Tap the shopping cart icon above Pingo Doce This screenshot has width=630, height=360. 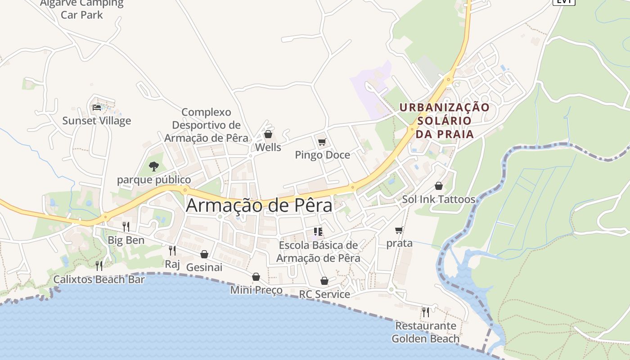322,143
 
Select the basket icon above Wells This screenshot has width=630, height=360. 268,134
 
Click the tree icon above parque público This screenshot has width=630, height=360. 154,166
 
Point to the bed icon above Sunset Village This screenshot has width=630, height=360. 97,108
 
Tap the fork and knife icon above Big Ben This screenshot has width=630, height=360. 126,227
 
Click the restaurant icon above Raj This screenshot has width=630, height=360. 172,251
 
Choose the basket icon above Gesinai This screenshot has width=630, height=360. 204,254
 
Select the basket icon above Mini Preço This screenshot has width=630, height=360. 256,277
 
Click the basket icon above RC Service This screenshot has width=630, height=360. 324,281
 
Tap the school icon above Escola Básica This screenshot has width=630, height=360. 319,232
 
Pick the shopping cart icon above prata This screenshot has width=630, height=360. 399,230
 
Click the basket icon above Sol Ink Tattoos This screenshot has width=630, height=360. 439,186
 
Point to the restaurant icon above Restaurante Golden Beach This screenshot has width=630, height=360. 425,312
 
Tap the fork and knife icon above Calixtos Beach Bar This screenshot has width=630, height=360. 99,266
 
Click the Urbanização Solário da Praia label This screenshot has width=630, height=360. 445,121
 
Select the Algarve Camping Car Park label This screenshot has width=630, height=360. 82,9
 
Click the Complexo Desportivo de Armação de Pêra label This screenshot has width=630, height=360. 206,125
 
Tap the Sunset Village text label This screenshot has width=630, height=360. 97,121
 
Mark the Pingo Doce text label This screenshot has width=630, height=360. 322,155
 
